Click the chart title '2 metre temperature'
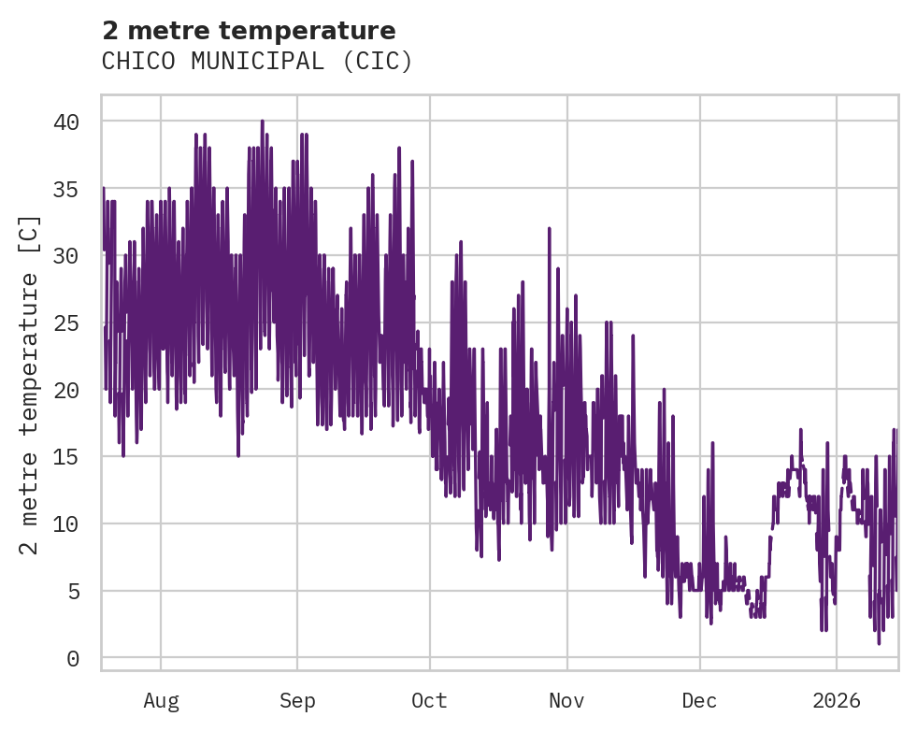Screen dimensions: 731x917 pos(249,31)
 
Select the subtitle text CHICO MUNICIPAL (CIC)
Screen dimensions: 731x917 pos(257,62)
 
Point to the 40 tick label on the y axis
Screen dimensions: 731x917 pos(65,122)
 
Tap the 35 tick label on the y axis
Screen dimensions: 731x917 pos(65,189)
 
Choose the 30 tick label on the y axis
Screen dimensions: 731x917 pos(65,256)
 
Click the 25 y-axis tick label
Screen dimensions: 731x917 pos(65,323)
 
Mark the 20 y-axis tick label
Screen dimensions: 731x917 pos(65,390)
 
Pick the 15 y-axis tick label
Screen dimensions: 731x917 pos(65,457)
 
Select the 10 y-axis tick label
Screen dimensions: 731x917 pos(65,524)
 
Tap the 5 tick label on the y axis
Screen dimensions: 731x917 pos(72,592)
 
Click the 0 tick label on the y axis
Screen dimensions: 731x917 pos(72,659)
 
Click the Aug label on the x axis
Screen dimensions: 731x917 pos(161,701)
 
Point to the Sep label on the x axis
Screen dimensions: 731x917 pos(297,701)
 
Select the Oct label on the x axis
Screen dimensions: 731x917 pos(429,701)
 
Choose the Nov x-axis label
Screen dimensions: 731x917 pos(566,701)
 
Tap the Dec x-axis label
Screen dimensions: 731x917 pos(699,701)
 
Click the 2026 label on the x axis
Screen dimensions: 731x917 pos(836,701)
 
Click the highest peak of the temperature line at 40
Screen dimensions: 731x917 pos(263,122)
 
